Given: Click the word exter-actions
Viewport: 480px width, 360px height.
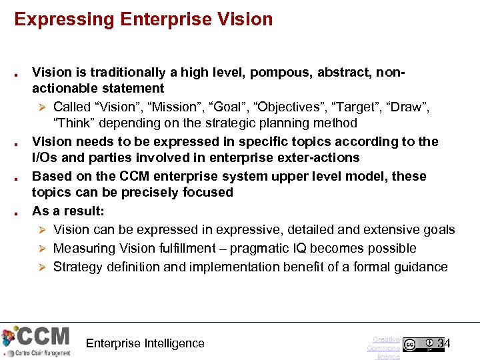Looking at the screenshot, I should [317, 158].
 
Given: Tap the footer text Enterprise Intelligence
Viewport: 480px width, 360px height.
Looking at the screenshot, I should [145, 343].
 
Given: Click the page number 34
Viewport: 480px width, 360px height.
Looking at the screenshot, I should [444, 344].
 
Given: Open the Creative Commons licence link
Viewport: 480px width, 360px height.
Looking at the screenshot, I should [385, 348].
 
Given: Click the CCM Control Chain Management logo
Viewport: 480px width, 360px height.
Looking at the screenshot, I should [36, 341].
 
